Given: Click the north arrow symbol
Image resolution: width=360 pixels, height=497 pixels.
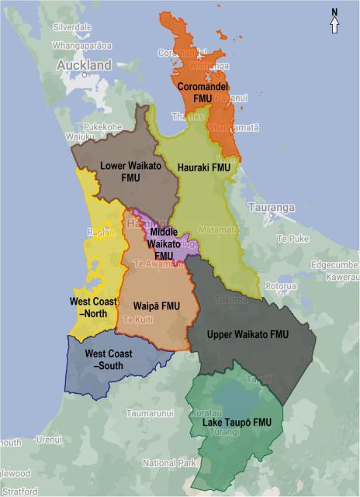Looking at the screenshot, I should click(334, 21).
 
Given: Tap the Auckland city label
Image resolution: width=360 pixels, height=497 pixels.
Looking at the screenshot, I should click(84, 67).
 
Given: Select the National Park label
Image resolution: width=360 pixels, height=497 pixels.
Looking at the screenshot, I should click(170, 463).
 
